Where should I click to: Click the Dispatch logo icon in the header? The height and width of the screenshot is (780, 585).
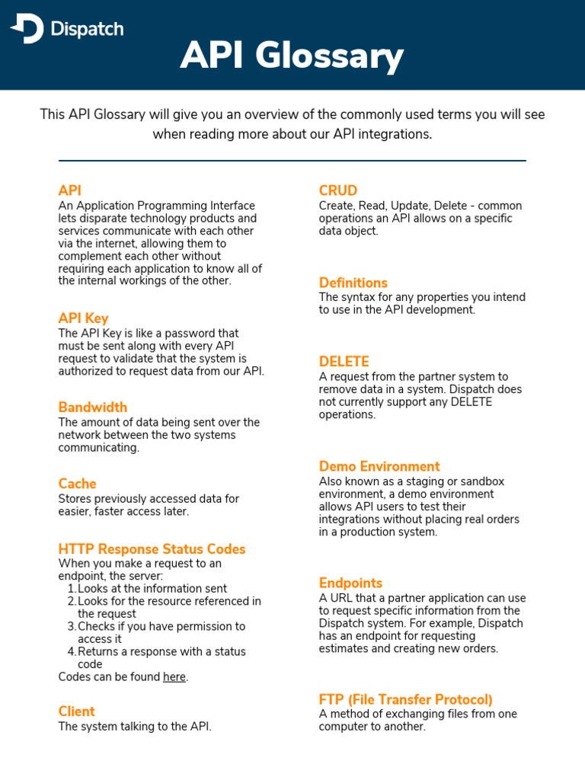tap(27, 29)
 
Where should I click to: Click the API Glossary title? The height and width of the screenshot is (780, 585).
tap(292, 56)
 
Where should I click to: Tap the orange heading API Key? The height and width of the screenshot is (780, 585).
tap(83, 318)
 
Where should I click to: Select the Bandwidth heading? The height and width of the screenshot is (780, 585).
tap(92, 408)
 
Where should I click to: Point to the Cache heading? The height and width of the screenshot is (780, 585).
tap(77, 484)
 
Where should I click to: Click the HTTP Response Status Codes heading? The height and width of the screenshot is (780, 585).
tap(152, 549)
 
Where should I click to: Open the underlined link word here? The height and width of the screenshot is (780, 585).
tap(174, 677)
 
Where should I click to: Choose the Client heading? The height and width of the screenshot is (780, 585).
tap(76, 711)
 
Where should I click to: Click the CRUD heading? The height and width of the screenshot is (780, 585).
tap(337, 190)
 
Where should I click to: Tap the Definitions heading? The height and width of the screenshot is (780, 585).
tap(353, 283)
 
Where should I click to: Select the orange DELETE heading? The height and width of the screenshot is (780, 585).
tap(344, 362)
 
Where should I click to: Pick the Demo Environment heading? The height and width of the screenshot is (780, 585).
tap(379, 466)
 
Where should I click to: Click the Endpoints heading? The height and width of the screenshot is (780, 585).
tap(350, 583)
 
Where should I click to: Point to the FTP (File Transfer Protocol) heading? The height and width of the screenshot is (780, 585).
tap(405, 699)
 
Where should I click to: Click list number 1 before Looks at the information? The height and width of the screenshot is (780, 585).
tap(71, 589)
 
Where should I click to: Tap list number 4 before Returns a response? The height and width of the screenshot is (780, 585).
tap(71, 652)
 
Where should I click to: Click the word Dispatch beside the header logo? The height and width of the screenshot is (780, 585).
tap(86, 30)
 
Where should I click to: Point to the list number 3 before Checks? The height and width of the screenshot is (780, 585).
tap(71, 627)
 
